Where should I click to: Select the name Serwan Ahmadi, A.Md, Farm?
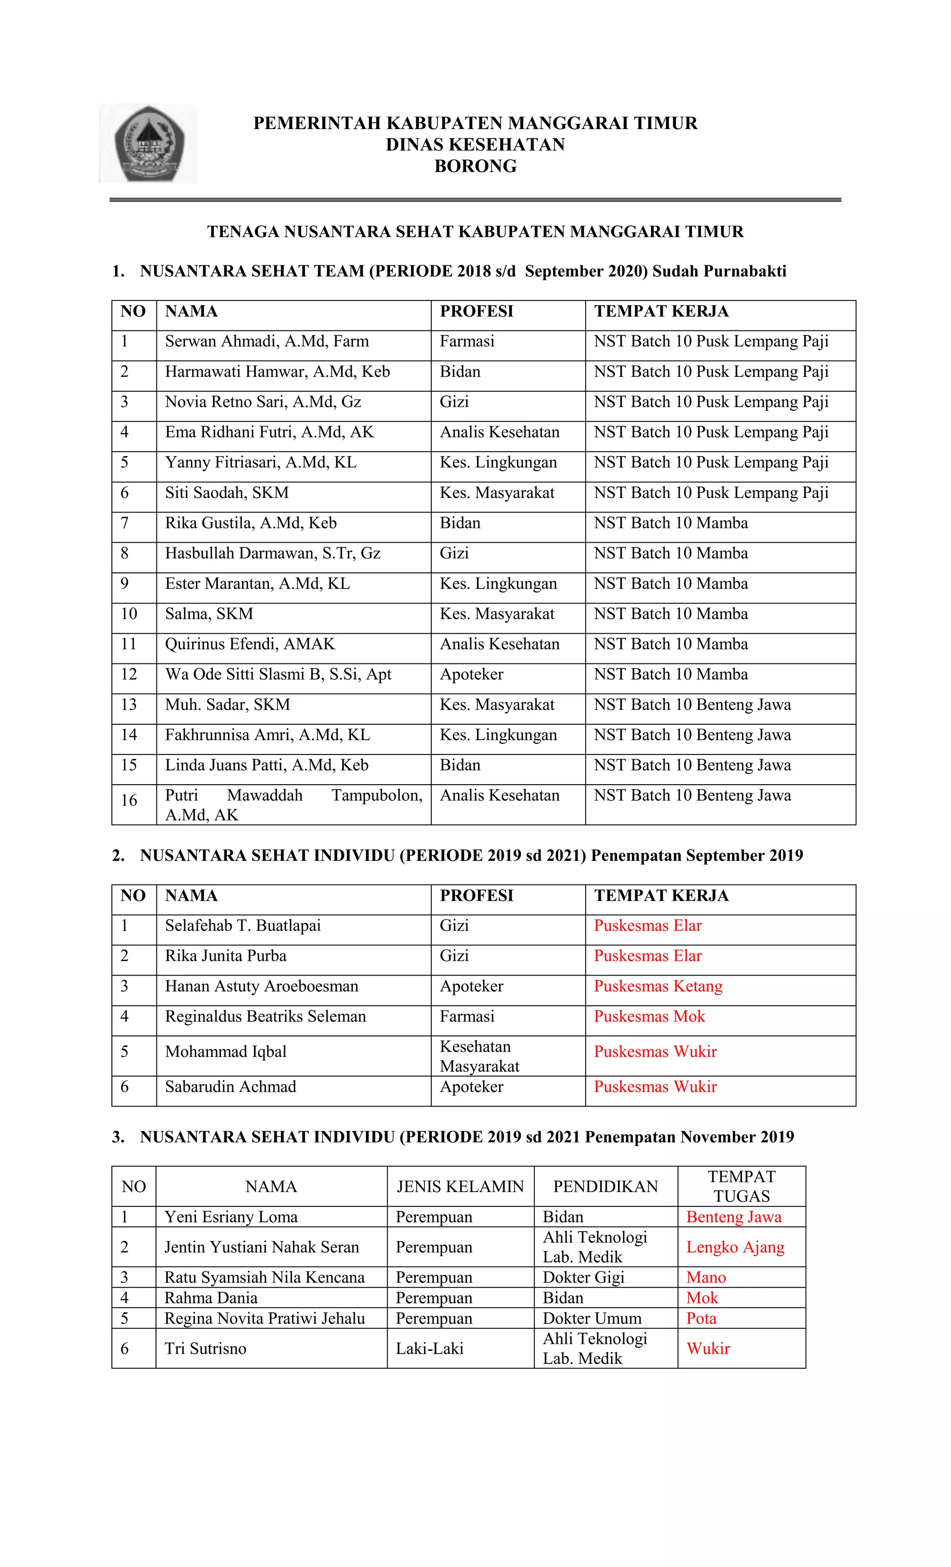point(267,341)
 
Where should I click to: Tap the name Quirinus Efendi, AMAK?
point(250,644)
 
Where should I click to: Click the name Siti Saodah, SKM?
point(227,493)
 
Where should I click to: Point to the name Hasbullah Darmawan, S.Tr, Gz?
point(273,553)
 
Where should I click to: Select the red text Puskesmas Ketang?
point(658,986)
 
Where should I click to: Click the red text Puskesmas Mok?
point(649,1016)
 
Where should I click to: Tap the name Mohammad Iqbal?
point(226,1052)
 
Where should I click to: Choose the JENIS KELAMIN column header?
point(460,1187)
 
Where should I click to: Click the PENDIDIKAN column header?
point(605,1187)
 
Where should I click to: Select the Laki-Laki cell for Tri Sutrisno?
point(430,1348)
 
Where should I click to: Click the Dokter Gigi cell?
point(583,1277)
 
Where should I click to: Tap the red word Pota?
point(701,1318)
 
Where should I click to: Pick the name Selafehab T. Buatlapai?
point(243,926)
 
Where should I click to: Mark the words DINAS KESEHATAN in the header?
point(475,145)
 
